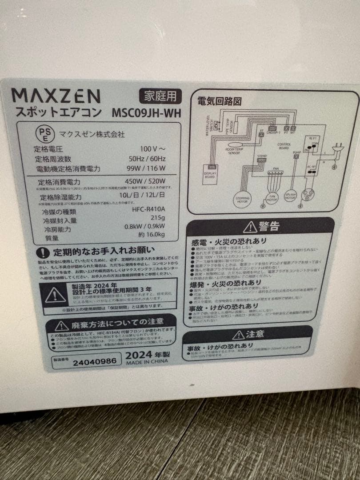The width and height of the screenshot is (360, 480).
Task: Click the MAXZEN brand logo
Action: pyautogui.click(x=56, y=96)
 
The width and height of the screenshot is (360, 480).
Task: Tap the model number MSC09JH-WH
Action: pyautogui.click(x=147, y=113)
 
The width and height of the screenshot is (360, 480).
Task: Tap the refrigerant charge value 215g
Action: pyautogui.click(x=157, y=218)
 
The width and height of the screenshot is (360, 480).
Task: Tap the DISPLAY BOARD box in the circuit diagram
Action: pyautogui.click(x=209, y=175)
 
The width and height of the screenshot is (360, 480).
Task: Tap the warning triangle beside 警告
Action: pyautogui.click(x=249, y=226)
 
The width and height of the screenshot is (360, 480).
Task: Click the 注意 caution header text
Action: pyautogui.click(x=255, y=334)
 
